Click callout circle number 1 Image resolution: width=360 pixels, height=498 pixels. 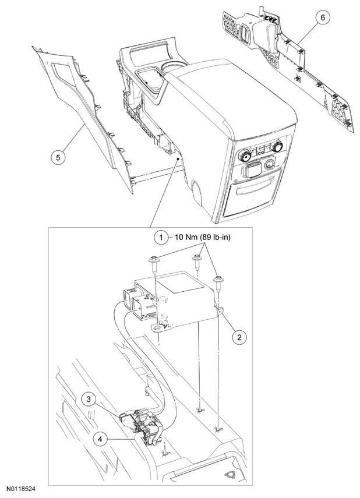158,238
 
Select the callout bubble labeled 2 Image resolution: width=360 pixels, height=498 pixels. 238,336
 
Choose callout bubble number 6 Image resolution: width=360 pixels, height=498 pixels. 321,18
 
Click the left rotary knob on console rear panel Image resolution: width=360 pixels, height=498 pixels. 245,156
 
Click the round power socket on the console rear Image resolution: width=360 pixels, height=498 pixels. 270,165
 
